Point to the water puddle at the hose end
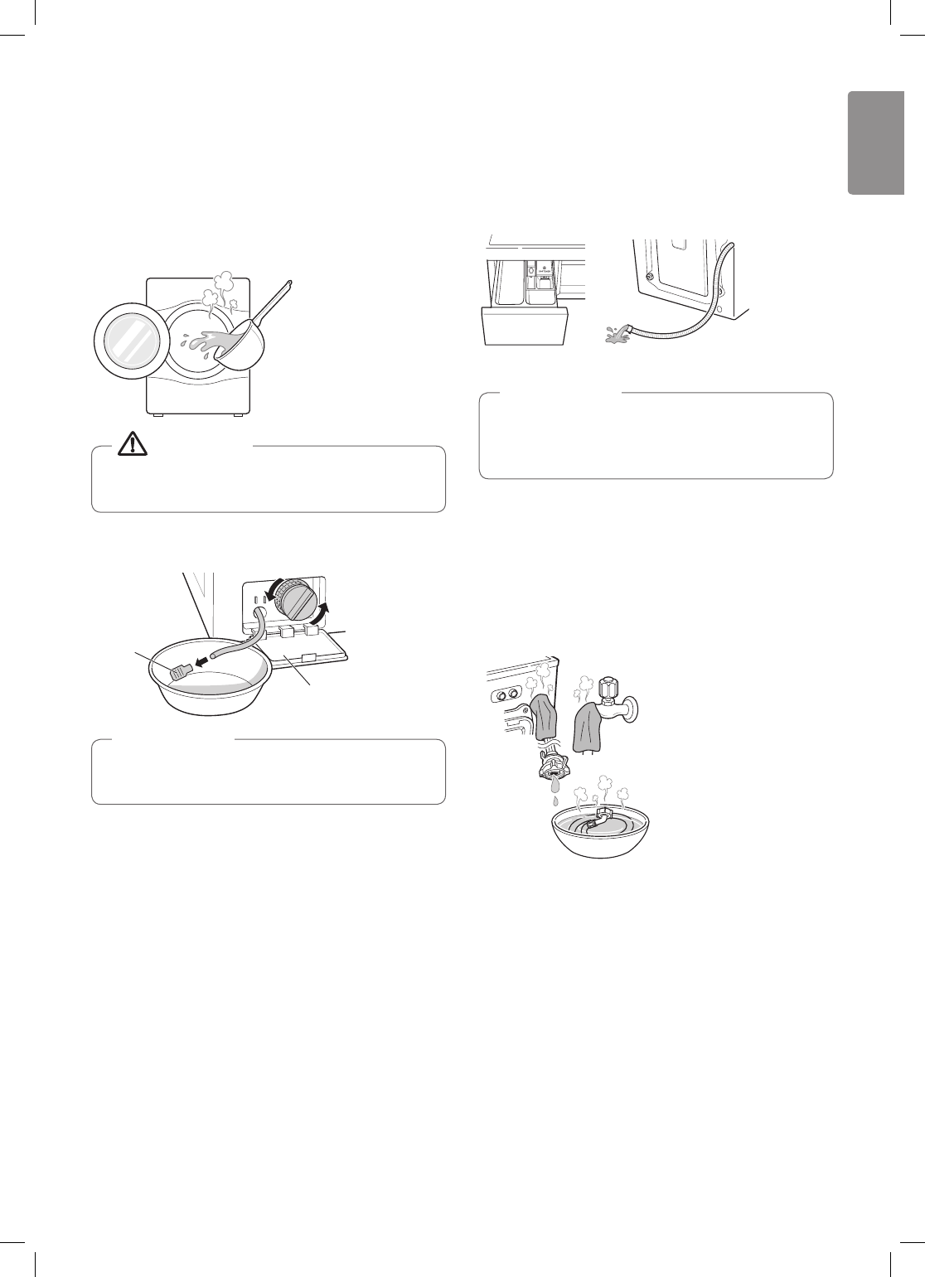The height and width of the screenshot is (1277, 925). click(616, 334)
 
